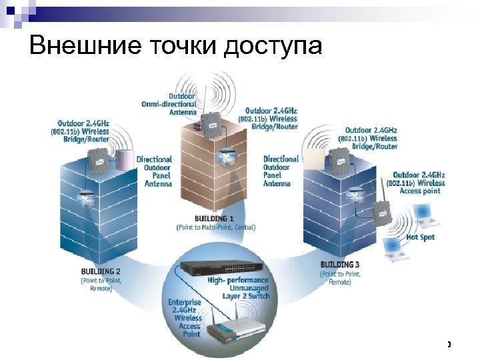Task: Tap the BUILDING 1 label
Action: (x=214, y=219)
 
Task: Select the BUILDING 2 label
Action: (x=101, y=272)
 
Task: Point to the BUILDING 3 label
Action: (x=340, y=265)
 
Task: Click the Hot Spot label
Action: (x=421, y=237)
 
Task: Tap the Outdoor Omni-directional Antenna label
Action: (x=169, y=104)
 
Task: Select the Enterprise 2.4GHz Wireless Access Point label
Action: (x=184, y=319)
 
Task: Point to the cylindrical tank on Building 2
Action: (x=124, y=160)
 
